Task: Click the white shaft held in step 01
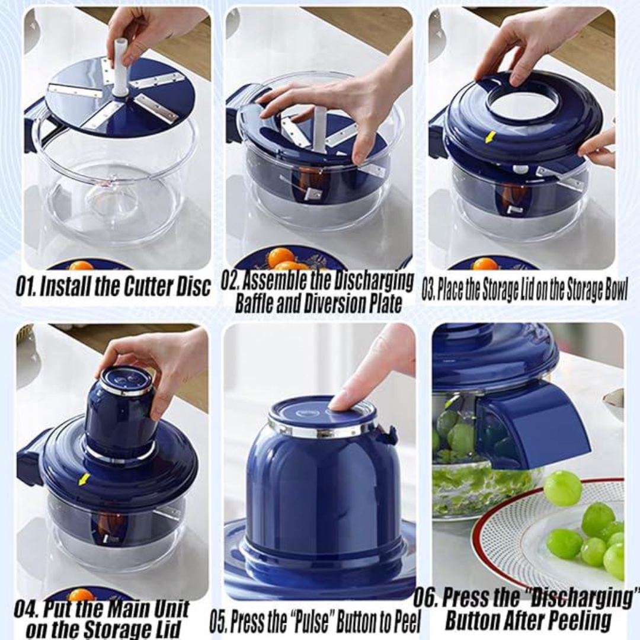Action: (120, 68)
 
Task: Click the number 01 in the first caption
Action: (25, 287)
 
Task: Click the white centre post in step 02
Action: (320, 128)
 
